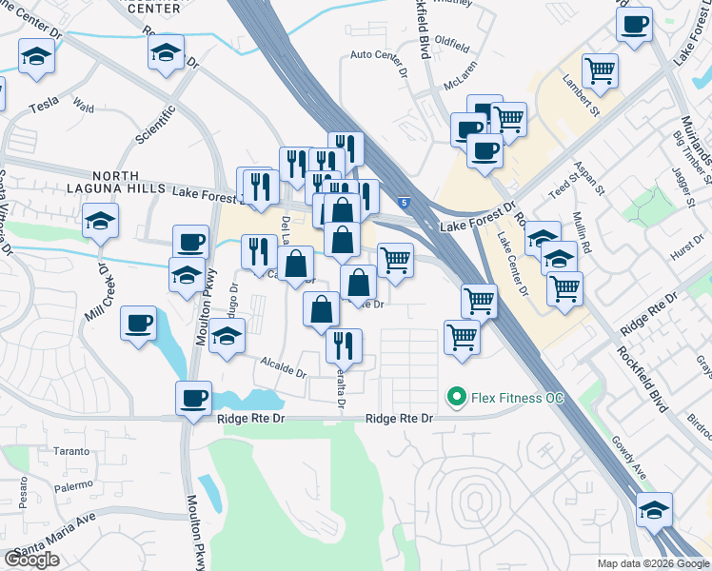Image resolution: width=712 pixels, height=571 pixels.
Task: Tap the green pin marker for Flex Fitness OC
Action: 456,396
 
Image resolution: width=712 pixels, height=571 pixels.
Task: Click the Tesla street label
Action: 44,108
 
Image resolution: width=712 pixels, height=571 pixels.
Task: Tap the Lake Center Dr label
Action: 512,263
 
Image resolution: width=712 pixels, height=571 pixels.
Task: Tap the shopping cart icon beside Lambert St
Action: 600,69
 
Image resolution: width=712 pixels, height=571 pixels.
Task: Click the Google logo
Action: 32,560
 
